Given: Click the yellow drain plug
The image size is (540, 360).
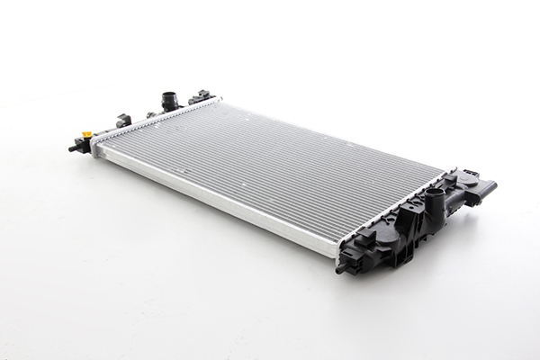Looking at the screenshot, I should (87, 135).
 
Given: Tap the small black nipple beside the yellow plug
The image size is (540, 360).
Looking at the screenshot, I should (74, 147).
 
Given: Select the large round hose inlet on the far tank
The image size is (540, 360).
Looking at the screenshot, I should (168, 101).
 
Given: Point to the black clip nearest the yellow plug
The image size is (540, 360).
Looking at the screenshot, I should (122, 120).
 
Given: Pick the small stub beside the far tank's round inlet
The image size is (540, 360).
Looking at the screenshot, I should (151, 114).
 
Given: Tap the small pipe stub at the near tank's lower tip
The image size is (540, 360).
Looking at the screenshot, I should (342, 267).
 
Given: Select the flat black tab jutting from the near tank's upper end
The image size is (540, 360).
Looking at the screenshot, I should (486, 189).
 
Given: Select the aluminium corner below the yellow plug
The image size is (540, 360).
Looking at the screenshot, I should (97, 151).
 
